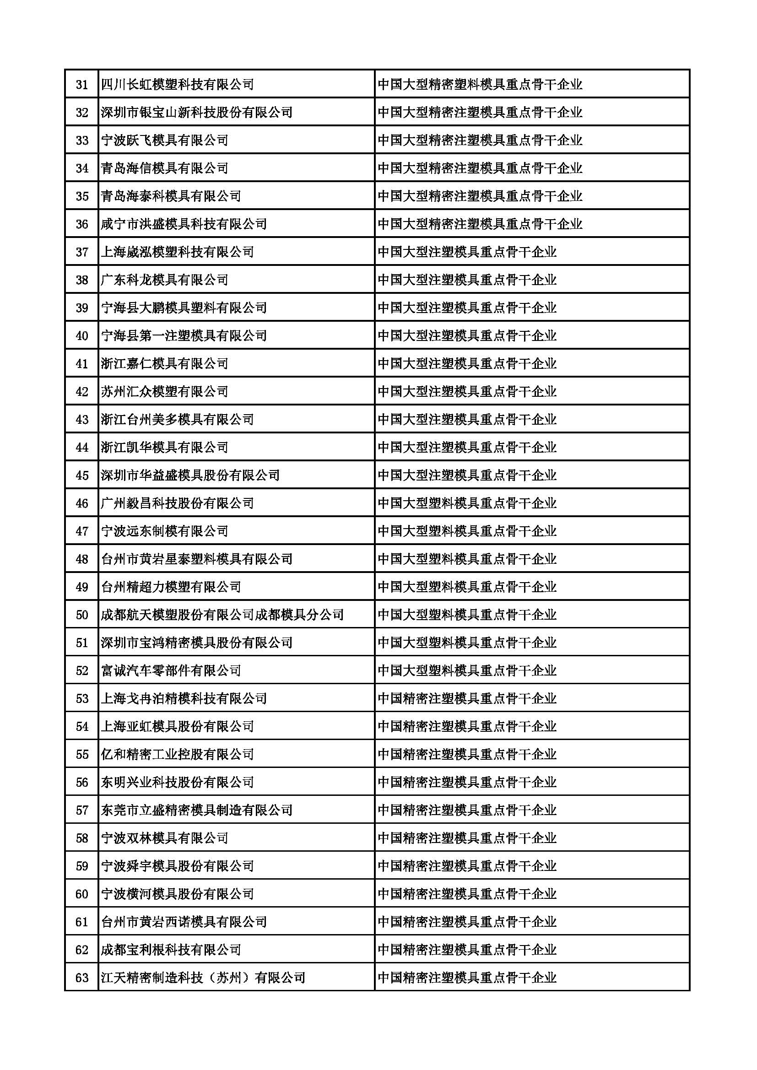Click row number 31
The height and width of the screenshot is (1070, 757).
[x=82, y=84]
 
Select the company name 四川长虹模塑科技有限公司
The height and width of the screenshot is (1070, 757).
[x=178, y=84]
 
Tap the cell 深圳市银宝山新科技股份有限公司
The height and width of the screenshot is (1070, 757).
[x=197, y=112]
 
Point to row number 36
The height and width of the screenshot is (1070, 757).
[x=82, y=224]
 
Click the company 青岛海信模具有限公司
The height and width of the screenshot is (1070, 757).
[x=165, y=168]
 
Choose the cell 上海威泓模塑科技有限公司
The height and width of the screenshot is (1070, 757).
[x=178, y=252]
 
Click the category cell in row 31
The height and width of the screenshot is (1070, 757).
[x=480, y=84]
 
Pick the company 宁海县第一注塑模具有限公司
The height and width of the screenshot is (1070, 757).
[x=184, y=335]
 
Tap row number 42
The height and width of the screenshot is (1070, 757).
[x=82, y=391]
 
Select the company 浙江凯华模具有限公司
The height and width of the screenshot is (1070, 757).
[x=165, y=448]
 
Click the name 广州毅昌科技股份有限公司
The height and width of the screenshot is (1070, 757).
[x=178, y=503]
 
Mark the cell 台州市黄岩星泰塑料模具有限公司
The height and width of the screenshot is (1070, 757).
[x=197, y=559]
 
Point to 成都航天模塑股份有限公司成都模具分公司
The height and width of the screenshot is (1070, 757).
[x=222, y=615]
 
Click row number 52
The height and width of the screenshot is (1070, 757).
[x=82, y=670]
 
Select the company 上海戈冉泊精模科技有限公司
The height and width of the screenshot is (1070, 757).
[x=184, y=698]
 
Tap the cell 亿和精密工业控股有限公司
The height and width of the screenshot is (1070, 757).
[x=178, y=754]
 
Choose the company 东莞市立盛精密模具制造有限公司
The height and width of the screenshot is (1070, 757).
[x=197, y=810]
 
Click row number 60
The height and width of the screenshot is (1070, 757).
[x=82, y=894]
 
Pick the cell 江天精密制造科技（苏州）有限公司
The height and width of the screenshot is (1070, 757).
[x=203, y=977]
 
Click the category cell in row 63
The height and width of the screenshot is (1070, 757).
[x=467, y=977]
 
